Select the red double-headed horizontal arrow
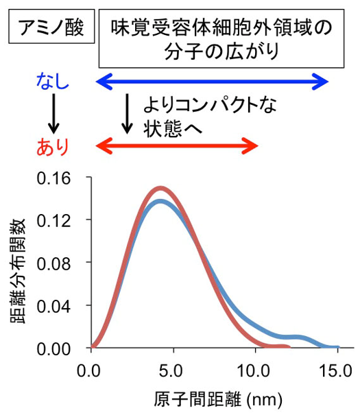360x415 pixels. (x=176, y=145)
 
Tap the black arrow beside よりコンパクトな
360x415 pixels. (x=127, y=114)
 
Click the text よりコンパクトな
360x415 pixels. (x=209, y=104)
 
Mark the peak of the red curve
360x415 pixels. (x=160, y=188)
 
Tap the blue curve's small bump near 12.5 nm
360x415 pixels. (x=296, y=337)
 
